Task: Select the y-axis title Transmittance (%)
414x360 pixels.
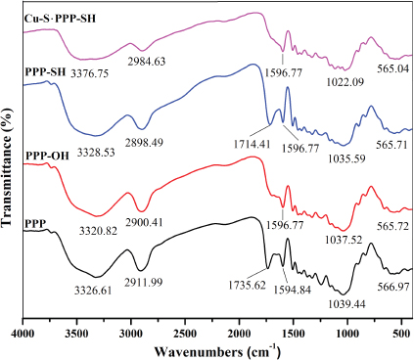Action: [x=9, y=166]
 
